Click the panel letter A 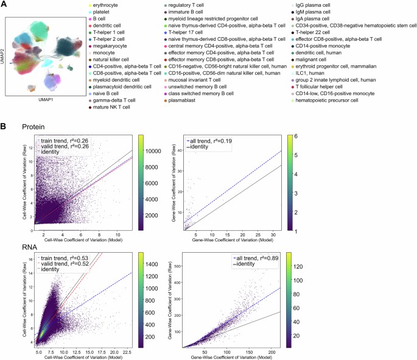tap(5, 5)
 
